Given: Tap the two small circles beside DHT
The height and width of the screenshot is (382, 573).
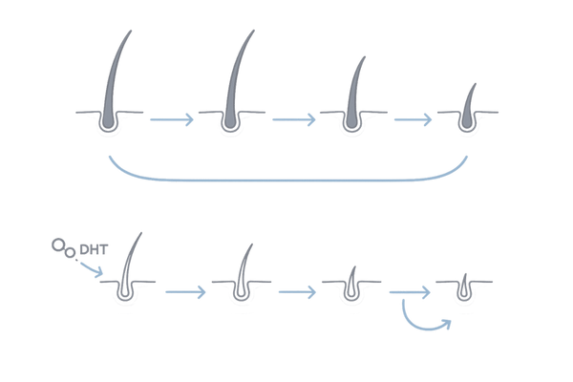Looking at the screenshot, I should (63, 250).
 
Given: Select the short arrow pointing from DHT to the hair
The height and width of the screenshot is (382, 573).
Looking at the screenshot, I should (92, 269).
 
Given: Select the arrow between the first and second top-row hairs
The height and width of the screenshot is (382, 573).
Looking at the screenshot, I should (173, 118).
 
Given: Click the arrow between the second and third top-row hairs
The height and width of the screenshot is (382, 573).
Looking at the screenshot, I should (292, 118).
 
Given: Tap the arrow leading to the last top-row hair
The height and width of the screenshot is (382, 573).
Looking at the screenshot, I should (412, 118).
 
